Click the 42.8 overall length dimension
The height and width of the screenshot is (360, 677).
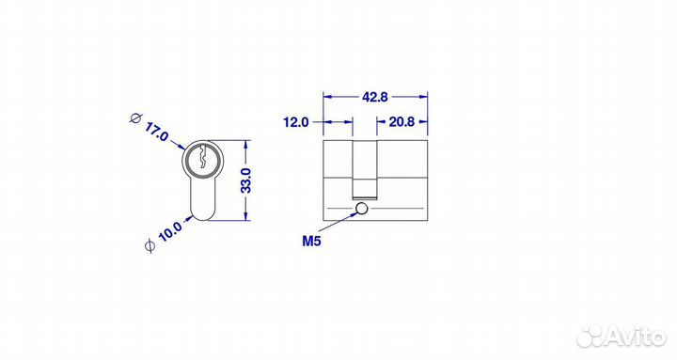tap(375, 97)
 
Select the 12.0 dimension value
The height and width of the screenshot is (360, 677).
tap(296, 122)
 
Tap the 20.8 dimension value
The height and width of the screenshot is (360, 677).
tap(401, 122)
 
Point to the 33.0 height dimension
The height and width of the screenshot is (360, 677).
tap(246, 180)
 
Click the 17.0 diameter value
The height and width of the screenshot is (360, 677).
tap(156, 132)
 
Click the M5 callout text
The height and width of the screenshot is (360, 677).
tap(311, 242)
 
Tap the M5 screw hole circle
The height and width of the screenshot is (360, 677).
tap(361, 209)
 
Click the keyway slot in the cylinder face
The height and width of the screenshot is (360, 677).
tap(203, 158)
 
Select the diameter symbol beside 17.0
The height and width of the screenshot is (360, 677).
tap(136, 117)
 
